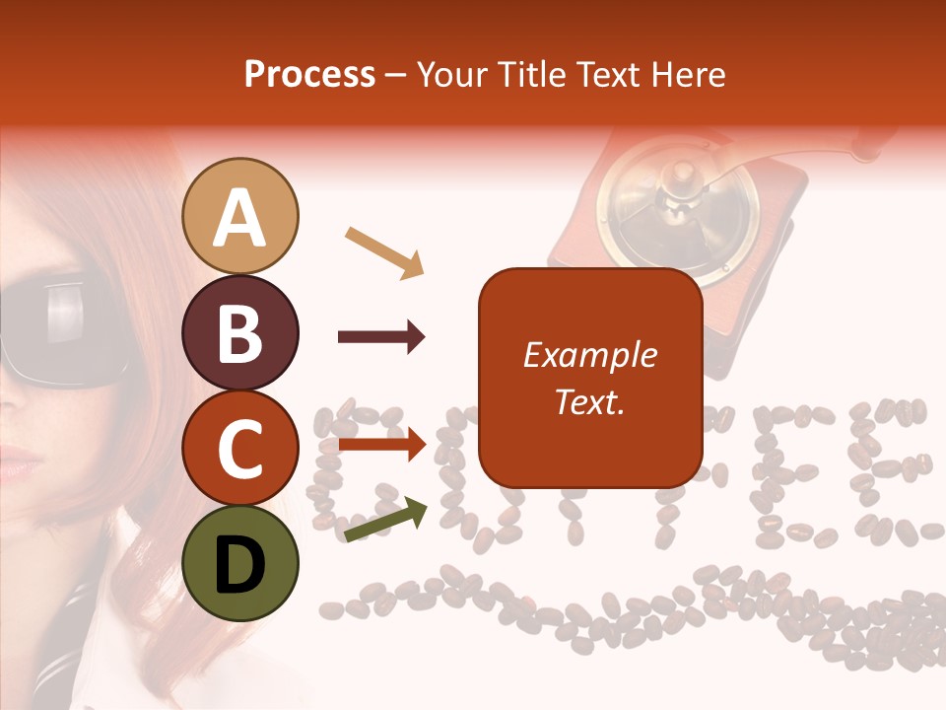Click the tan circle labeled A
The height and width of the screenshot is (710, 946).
click(240, 216)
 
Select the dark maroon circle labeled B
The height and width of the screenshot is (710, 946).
click(240, 332)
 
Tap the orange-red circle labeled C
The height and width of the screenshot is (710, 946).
click(240, 449)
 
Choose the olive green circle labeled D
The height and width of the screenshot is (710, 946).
click(240, 564)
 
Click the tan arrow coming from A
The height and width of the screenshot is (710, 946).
click(384, 251)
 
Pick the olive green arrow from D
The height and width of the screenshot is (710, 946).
click(385, 521)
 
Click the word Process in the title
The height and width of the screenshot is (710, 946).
click(309, 75)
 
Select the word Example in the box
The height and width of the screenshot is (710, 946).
click(589, 355)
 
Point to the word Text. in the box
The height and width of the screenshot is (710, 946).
click(589, 402)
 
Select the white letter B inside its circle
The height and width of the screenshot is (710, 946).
click(240, 332)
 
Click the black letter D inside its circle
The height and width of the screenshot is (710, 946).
click(240, 564)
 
